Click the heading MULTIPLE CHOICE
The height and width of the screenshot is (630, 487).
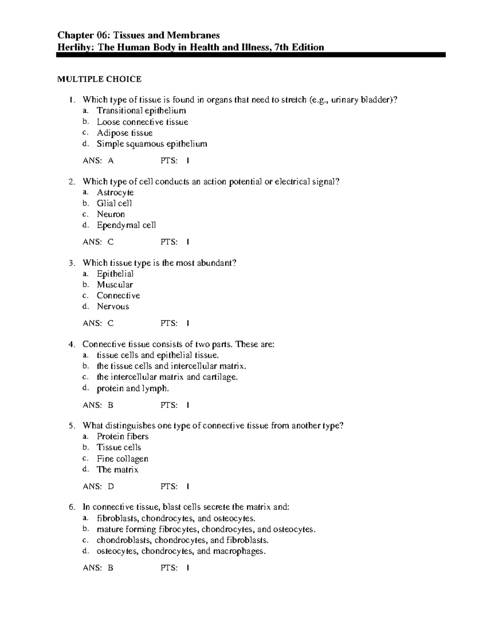(x=99, y=79)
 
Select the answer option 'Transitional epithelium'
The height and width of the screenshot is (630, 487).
(x=141, y=111)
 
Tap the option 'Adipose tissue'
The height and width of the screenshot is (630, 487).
(x=125, y=133)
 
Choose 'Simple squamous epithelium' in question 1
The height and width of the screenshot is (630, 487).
(x=152, y=144)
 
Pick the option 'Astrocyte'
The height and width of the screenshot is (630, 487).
(x=115, y=193)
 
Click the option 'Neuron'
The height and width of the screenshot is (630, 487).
(x=111, y=214)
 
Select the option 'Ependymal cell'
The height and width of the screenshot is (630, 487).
(x=126, y=225)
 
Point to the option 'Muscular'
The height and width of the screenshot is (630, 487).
(x=115, y=285)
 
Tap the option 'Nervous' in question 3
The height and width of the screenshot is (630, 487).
(x=113, y=307)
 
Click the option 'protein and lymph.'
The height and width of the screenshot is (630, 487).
(x=133, y=389)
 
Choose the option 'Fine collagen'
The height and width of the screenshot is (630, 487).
(x=123, y=459)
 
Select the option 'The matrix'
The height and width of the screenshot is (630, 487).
(x=117, y=470)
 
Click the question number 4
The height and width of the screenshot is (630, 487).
(x=72, y=345)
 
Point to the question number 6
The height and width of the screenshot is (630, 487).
(x=72, y=507)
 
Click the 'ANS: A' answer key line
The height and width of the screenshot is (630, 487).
(x=98, y=161)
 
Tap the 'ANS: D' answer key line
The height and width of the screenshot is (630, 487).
(x=98, y=486)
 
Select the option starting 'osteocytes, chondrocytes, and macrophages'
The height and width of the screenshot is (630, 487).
(x=181, y=551)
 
